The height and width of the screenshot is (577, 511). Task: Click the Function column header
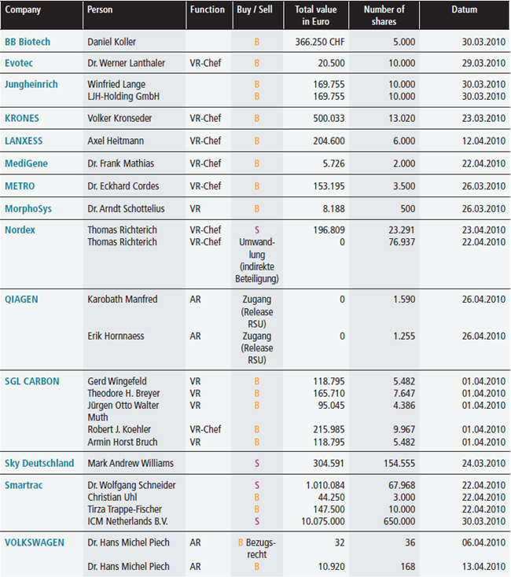tap(207, 9)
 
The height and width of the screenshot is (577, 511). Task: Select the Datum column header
tap(465, 9)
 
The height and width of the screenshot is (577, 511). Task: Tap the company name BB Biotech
tap(28, 42)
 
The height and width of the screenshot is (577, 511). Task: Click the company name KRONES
tap(22, 118)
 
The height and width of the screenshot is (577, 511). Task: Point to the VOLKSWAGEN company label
tap(35, 542)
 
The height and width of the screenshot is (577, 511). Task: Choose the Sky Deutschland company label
tap(39, 463)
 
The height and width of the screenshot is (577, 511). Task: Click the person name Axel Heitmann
tap(116, 141)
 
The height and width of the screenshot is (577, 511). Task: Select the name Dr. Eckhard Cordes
tap(123, 186)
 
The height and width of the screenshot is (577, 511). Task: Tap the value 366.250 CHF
tap(320, 42)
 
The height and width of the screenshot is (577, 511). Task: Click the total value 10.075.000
tap(323, 521)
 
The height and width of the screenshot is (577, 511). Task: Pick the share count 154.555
tap(399, 463)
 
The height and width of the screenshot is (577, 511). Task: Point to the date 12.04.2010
tap(483, 141)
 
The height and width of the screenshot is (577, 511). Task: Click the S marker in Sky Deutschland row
tap(257, 463)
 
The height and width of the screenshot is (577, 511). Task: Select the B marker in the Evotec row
tap(257, 63)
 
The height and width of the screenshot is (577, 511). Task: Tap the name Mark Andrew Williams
tap(131, 463)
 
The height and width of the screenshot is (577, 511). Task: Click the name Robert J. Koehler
tap(119, 429)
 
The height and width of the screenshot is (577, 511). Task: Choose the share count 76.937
tap(402, 242)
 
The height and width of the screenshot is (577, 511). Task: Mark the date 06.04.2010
tap(483, 542)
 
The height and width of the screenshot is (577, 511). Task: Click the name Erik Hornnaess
tap(116, 336)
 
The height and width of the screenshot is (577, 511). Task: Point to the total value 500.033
tap(329, 118)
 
